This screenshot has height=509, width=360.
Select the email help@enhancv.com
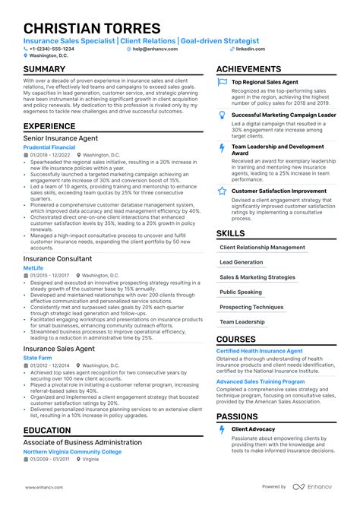tap(155, 48)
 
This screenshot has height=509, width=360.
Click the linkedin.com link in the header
tap(251, 48)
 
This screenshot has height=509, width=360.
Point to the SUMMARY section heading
tap(49, 69)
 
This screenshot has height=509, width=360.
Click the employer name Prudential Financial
tap(54, 147)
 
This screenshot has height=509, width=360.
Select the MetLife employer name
tap(34, 267)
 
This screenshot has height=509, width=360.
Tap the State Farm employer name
tap(38, 357)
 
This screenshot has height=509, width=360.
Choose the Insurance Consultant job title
tap(58, 258)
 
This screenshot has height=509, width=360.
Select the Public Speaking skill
tap(240, 292)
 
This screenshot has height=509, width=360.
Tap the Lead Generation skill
tap(243, 262)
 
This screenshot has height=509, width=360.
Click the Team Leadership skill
tap(242, 321)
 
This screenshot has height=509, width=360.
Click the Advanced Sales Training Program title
tap(261, 381)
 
